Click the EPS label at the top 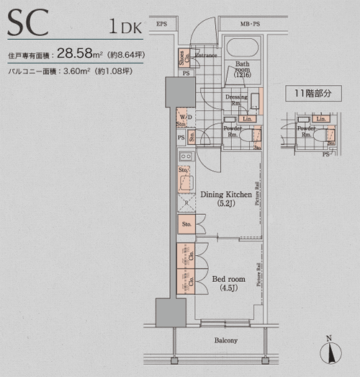pyautogui.click(x=161, y=25)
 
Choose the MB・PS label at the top pyautogui.click(x=251, y=25)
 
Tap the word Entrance pyautogui.click(x=207, y=55)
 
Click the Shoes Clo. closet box pyautogui.click(x=184, y=58)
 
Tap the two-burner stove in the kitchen pyautogui.click(x=184, y=156)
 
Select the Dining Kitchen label pyautogui.click(x=225, y=195)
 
